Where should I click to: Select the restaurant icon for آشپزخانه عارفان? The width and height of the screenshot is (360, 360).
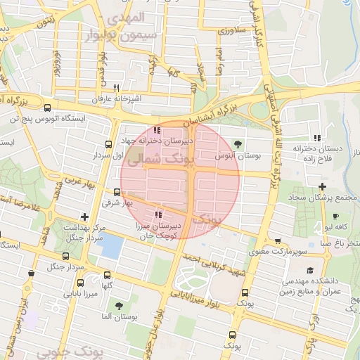coord(116,88)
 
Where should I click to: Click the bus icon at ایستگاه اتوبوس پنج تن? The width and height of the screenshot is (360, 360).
coord(47,108)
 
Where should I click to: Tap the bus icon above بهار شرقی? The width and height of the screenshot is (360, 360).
coord(117,192)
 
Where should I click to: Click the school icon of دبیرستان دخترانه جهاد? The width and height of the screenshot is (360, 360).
coord(157,130)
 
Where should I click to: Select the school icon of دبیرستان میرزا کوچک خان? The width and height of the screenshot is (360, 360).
coord(158,214)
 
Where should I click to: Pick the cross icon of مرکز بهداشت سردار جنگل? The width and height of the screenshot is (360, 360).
coord(85,217)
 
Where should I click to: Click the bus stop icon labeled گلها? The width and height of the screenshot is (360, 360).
coord(107,275)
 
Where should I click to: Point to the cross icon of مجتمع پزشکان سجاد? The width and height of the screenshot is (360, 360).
coord(322,186)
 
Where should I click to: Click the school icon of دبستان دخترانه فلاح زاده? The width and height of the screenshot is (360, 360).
coord(317,137)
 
